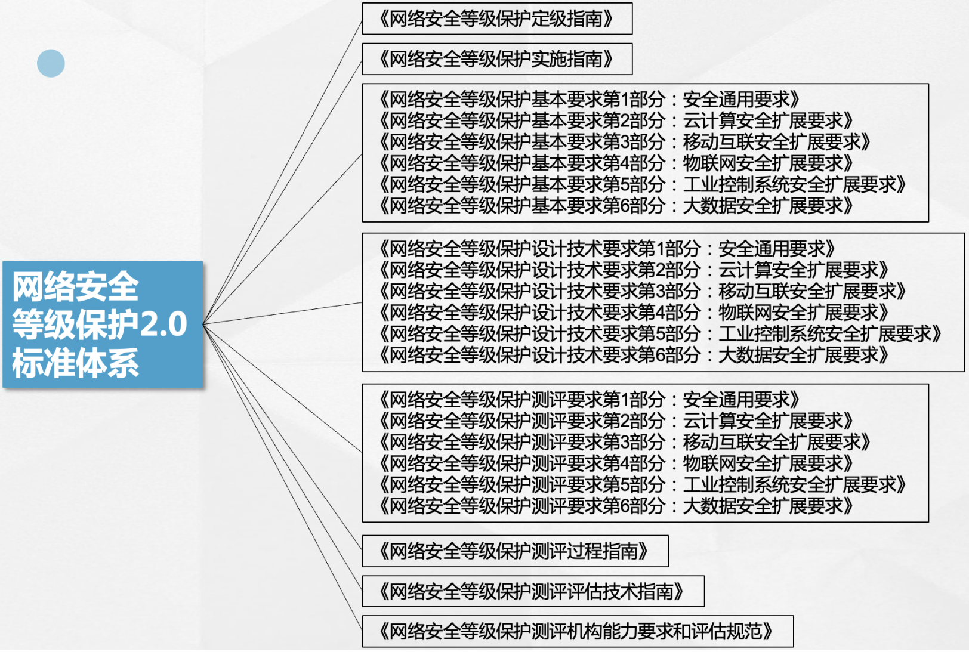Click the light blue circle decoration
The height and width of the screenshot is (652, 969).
click(x=51, y=63)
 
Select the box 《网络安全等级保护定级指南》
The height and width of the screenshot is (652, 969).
click(x=496, y=19)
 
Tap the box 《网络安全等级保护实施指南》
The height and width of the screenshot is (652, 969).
click(x=496, y=59)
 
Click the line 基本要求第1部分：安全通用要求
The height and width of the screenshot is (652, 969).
click(x=589, y=100)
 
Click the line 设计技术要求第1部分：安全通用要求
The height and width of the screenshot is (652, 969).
click(x=607, y=249)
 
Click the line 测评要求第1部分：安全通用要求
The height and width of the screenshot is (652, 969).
click(x=589, y=400)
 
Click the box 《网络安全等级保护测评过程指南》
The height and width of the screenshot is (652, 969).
click(x=514, y=551)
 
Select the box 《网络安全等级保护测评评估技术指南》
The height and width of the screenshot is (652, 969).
click(x=532, y=591)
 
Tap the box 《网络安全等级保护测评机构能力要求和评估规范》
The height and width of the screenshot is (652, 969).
click(x=577, y=631)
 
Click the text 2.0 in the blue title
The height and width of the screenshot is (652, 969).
click(x=163, y=325)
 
